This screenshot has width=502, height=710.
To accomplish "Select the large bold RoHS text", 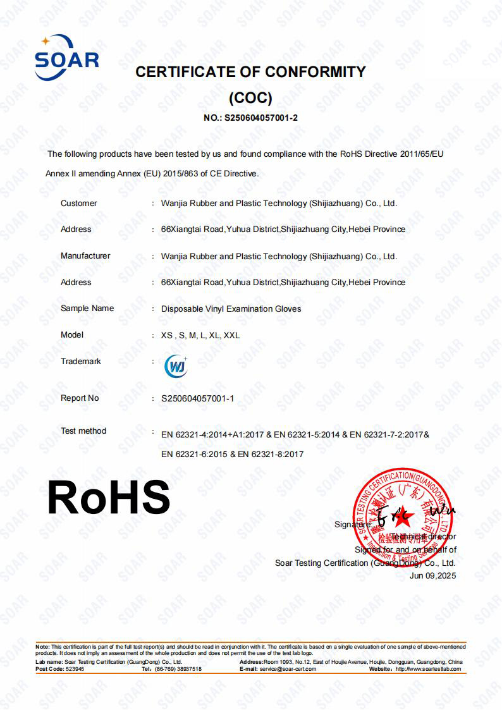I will click(x=109, y=498).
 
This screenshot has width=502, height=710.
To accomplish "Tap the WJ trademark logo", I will click(x=175, y=366).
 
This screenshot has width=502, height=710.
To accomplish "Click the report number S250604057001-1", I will click(x=198, y=398).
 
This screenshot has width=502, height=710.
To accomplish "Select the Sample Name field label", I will click(x=87, y=309).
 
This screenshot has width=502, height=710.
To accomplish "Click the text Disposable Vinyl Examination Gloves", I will click(x=231, y=309).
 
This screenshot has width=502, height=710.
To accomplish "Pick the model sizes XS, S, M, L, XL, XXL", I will click(x=200, y=336).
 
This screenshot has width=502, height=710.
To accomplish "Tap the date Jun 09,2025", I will click(x=432, y=576).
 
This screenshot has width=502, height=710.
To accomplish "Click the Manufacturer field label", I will click(x=85, y=256).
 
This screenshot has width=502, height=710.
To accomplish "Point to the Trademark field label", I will click(x=81, y=362).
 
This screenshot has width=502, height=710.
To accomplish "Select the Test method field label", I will click(x=83, y=431).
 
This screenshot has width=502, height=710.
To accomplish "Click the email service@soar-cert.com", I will click(x=288, y=669).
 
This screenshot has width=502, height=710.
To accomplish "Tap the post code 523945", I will click(x=74, y=669).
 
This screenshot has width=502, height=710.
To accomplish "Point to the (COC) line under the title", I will click(x=250, y=98).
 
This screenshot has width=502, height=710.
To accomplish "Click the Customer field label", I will click(x=79, y=204).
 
